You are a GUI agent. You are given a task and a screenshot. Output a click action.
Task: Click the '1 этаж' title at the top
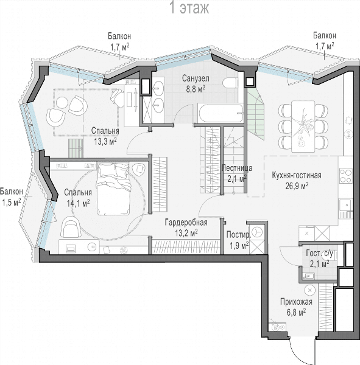click(x=190, y=8)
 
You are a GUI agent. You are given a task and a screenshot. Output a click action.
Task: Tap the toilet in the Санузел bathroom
click(x=230, y=83)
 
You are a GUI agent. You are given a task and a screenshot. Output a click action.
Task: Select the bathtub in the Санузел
click(x=221, y=113)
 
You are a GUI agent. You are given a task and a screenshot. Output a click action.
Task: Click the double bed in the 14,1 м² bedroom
click(x=113, y=189)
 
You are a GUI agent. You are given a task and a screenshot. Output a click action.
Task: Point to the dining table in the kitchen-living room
click(x=303, y=127)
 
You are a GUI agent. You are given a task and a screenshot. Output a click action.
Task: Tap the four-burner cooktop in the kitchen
click(x=346, y=176)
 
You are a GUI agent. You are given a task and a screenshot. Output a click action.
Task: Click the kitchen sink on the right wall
click(x=346, y=205)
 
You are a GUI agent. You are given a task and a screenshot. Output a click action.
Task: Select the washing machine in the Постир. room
click(x=257, y=232)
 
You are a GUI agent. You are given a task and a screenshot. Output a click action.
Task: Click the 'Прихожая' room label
click(x=296, y=302)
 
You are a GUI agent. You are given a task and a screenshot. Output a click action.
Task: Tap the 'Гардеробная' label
click(x=186, y=222)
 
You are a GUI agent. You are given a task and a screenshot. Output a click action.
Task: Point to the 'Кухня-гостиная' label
click(x=297, y=175)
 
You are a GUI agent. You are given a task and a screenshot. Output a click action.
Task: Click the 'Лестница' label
click(x=237, y=168)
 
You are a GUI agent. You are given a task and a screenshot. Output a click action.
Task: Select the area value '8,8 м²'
click(x=196, y=89)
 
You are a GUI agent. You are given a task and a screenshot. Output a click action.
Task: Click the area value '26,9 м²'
click(x=297, y=186)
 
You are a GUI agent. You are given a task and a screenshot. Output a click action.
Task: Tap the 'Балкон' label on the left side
click(x=12, y=192)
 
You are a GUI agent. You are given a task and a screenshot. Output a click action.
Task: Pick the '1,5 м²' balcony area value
click(x=12, y=202)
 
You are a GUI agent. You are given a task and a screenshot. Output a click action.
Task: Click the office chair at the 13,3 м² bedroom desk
click(x=118, y=98)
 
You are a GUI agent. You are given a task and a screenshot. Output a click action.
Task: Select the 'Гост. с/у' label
click(x=319, y=254)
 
